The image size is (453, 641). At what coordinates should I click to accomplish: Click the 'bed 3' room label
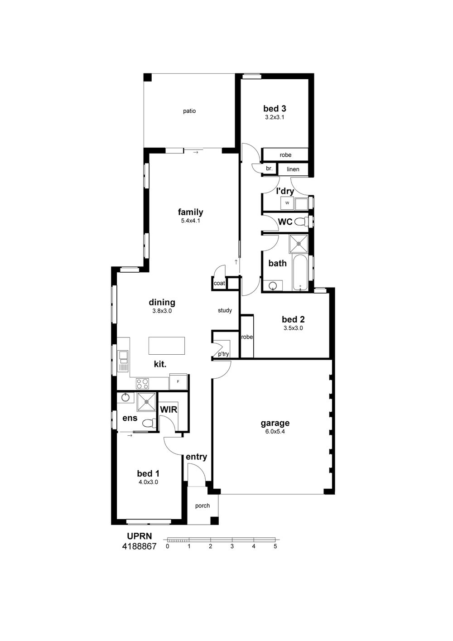point(275,109)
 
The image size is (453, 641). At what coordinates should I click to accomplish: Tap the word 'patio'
point(189,111)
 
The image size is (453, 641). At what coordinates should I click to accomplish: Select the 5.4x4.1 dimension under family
point(190,221)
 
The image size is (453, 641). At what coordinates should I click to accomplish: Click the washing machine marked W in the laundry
point(287,203)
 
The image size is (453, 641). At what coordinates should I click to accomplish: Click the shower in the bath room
point(299,244)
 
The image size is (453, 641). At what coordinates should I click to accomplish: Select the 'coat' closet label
point(219,283)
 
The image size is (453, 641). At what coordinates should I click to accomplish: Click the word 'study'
point(225,310)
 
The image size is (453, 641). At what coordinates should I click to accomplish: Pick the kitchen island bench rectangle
point(167,346)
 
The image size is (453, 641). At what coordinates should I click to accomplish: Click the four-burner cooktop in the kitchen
point(142,384)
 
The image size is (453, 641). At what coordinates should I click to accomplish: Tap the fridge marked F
point(178,381)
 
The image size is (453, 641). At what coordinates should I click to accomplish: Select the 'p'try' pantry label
point(223,354)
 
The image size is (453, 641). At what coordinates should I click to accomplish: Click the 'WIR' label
point(169,410)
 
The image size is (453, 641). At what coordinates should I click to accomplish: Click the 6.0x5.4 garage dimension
point(275,432)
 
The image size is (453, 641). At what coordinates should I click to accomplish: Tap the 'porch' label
point(202,506)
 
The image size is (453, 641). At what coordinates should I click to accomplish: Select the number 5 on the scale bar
point(275,546)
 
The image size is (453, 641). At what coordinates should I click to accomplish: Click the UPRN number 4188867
point(140,546)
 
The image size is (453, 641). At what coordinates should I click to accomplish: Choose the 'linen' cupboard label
point(293,169)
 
